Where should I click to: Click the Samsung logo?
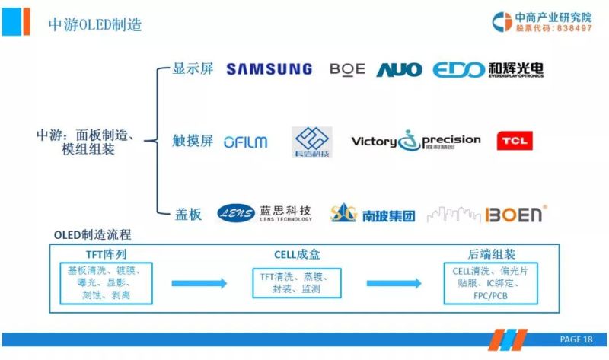(269, 69)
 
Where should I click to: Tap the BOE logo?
(347, 69)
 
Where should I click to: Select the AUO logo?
(399, 70)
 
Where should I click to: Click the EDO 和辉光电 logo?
(488, 70)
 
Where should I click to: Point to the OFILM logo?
(245, 142)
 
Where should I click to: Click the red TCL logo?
(515, 141)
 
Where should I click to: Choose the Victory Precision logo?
(416, 141)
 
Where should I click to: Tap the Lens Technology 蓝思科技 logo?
(264, 214)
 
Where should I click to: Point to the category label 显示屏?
(193, 69)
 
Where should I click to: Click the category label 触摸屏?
(193, 142)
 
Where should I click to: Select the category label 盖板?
(187, 215)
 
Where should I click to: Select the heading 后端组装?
(489, 255)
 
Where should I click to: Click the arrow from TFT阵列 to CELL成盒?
(199, 283)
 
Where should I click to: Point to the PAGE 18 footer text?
(576, 339)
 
